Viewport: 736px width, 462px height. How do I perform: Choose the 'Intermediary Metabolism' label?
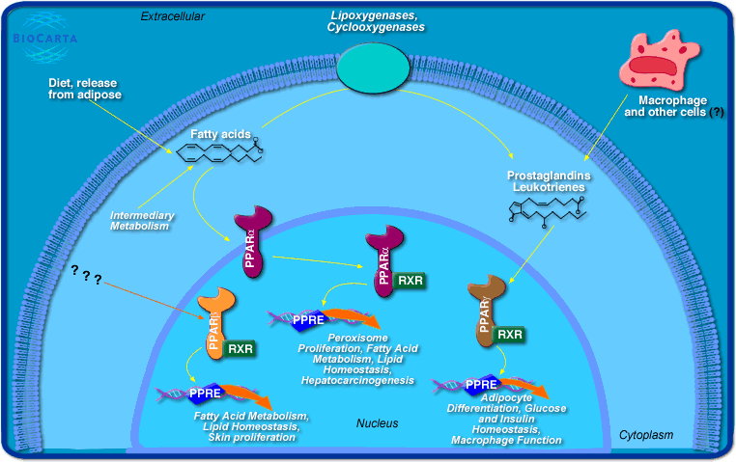pyautogui.click(x=140, y=220)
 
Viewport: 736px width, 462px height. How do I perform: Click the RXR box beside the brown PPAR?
pyautogui.click(x=510, y=335)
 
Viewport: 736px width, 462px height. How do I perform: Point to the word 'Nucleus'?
pyautogui.click(x=377, y=423)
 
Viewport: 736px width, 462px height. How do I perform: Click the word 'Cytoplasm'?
pyautogui.click(x=646, y=436)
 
